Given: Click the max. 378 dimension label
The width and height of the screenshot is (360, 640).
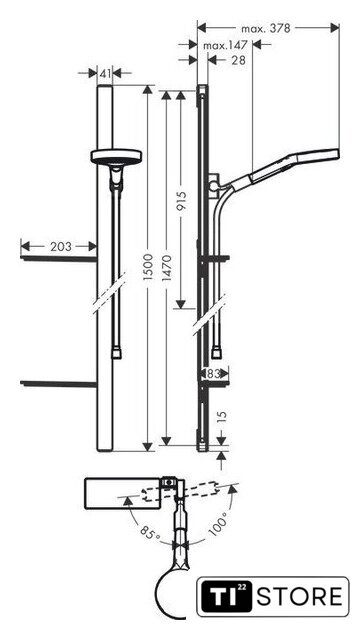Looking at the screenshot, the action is click(x=265, y=29).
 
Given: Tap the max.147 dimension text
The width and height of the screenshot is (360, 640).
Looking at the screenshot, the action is click(x=225, y=46).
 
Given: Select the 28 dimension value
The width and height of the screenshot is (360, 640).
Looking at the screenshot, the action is click(x=238, y=60).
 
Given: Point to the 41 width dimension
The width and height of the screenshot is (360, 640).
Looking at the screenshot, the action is click(x=105, y=74).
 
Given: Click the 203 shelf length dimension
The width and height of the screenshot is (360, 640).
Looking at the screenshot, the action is click(x=60, y=247).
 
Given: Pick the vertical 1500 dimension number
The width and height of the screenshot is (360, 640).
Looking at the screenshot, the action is click(x=148, y=267).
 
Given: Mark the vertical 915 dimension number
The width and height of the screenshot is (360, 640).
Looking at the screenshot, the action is click(x=181, y=201).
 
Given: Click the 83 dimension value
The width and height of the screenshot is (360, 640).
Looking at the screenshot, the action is click(x=213, y=373).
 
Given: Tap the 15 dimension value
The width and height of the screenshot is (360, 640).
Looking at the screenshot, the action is click(x=221, y=418).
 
